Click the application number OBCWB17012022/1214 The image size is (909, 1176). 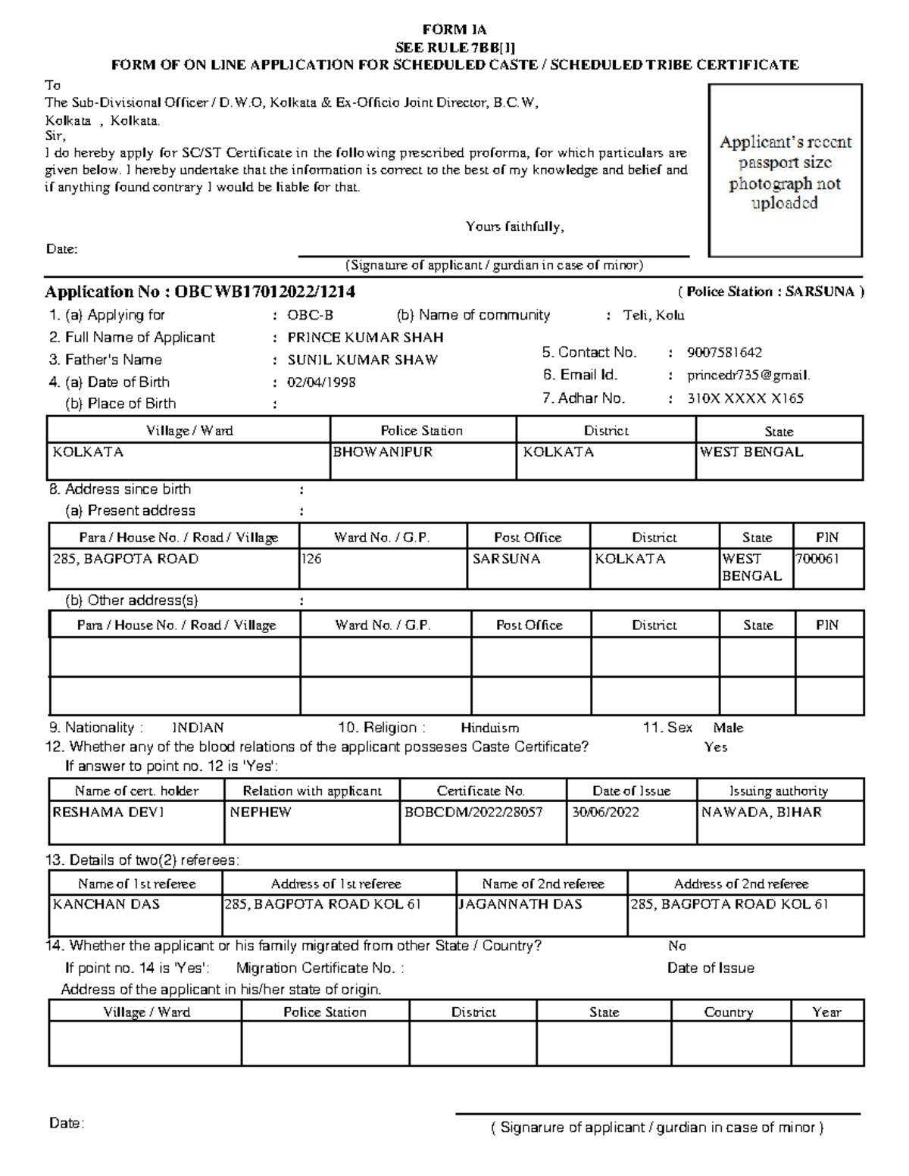click(x=264, y=292)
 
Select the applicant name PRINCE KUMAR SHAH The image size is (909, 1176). click(x=365, y=338)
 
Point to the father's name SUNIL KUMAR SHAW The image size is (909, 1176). click(x=362, y=360)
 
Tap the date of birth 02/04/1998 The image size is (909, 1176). click(x=321, y=382)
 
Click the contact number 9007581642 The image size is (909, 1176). click(x=724, y=353)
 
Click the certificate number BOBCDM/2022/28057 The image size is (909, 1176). click(x=473, y=813)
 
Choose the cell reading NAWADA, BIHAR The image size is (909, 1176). click(x=761, y=813)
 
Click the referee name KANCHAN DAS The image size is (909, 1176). click(x=106, y=904)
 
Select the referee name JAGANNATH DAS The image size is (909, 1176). click(x=520, y=904)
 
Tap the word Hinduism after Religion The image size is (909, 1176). click(x=490, y=728)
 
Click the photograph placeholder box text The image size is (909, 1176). click(x=785, y=173)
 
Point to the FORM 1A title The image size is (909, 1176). click(x=454, y=30)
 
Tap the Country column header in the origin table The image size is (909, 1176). click(x=729, y=1012)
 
